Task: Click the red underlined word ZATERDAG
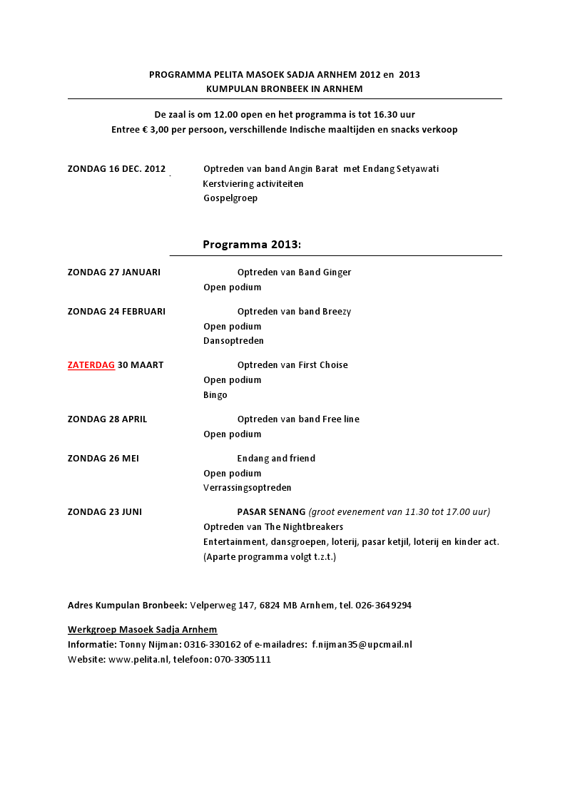click(x=91, y=365)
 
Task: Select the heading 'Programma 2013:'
click(x=252, y=245)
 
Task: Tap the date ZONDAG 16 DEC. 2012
click(x=116, y=169)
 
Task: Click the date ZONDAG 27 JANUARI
click(x=114, y=272)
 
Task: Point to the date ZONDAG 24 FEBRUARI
click(x=116, y=312)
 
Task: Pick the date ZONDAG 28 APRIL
click(x=107, y=419)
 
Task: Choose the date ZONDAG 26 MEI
click(x=103, y=459)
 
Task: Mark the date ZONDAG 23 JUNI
click(x=105, y=512)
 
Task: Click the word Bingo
click(x=215, y=395)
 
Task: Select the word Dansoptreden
click(x=233, y=341)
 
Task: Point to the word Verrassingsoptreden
click(x=247, y=488)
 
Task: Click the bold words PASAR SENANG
click(x=271, y=512)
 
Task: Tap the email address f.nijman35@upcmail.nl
click(x=362, y=645)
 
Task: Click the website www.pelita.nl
click(x=138, y=660)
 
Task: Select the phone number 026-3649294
click(x=384, y=606)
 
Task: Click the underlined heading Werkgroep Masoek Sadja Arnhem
click(x=143, y=630)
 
